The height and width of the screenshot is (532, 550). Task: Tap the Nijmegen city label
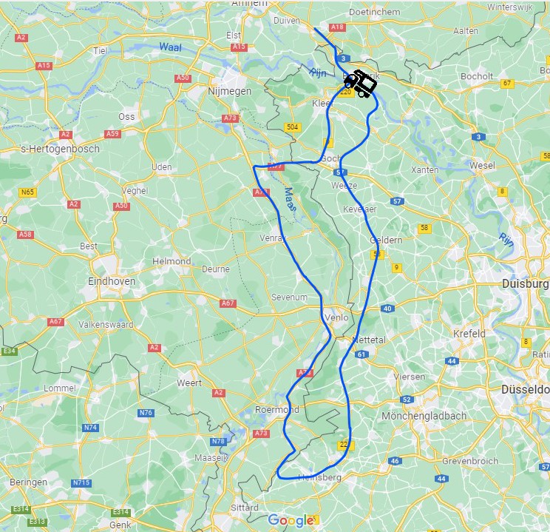[228, 91]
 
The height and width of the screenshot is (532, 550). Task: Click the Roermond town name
[276, 409]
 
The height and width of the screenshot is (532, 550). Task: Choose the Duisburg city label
[525, 283]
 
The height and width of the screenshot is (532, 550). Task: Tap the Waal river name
[170, 47]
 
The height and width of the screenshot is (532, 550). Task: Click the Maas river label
[290, 200]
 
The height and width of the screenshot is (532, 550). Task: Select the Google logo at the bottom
[291, 520]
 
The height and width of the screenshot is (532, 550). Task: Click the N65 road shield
[28, 192]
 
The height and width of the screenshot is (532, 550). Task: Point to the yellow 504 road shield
[293, 127]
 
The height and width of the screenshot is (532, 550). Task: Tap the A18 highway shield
[338, 27]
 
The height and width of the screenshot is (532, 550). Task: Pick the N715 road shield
[81, 483]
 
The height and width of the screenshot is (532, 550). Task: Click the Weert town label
[189, 383]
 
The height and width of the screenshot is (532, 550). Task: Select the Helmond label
[172, 261]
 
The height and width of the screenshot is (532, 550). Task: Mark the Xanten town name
[424, 169]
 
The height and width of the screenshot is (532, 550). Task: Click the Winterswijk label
[525, 7]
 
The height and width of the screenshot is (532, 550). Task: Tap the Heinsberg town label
[320, 477]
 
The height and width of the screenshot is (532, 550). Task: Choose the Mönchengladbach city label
[424, 417]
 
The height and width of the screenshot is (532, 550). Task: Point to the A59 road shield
[112, 134]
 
